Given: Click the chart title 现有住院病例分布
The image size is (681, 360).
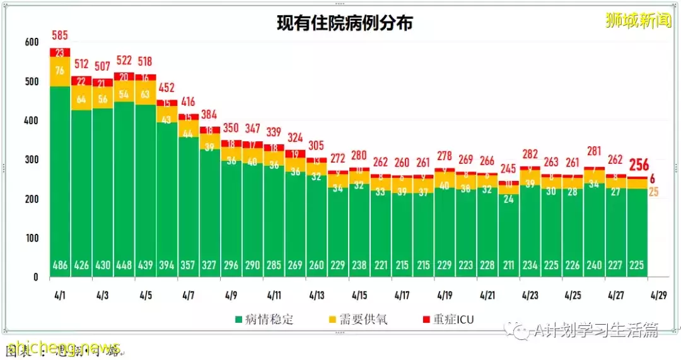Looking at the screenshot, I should [x=345, y=24].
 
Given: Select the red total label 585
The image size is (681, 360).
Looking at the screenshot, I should [x=60, y=35].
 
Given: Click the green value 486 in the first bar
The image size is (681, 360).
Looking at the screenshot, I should [x=60, y=265].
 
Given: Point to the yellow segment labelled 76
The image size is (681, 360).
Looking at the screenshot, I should [x=60, y=71].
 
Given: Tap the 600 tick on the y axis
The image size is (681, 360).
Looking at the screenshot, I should [x=31, y=42].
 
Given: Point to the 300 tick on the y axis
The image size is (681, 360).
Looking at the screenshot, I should [x=31, y=160].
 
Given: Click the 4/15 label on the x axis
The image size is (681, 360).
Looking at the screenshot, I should [x=359, y=294].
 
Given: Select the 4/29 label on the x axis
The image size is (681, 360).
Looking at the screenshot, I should [x=658, y=294].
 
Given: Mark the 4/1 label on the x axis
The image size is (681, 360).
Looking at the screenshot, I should [x=60, y=294].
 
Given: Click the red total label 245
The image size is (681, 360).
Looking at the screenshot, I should [x=508, y=169].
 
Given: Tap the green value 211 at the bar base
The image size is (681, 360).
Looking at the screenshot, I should [x=508, y=265].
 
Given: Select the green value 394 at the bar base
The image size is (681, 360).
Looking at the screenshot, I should [x=166, y=265].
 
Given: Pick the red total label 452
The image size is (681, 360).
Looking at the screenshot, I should [x=166, y=88].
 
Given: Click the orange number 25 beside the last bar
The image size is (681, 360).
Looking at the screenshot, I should [x=653, y=192].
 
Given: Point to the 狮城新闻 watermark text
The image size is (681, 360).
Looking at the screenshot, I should [x=638, y=21].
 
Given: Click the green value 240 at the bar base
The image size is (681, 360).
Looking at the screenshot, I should [x=594, y=265].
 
